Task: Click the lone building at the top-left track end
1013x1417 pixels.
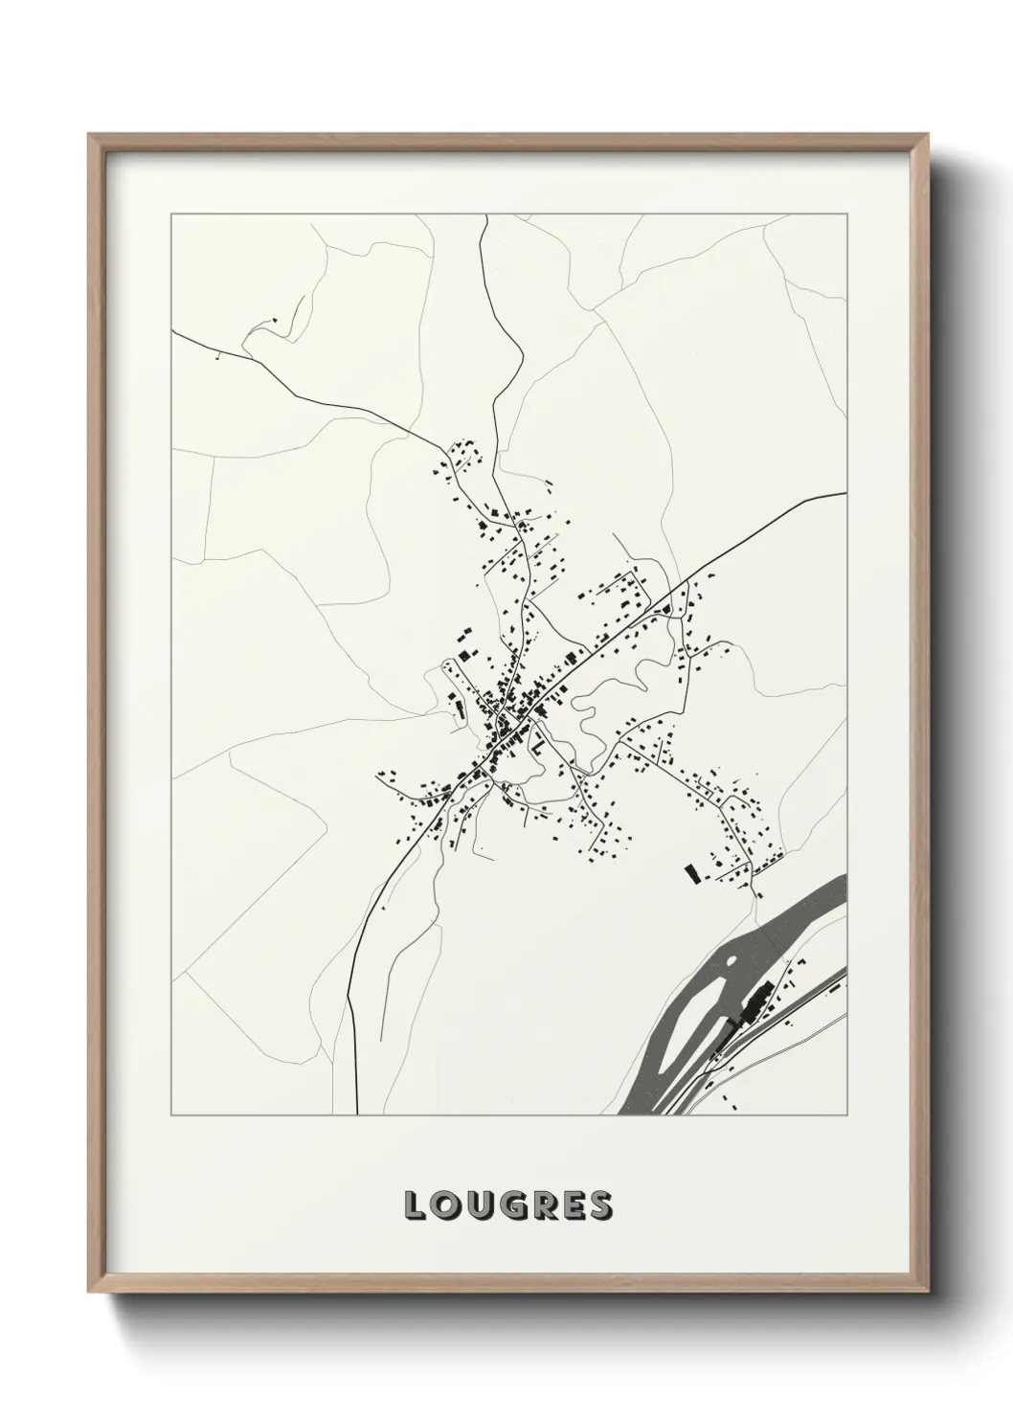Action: click(x=274, y=320)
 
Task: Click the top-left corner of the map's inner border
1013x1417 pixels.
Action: click(x=171, y=215)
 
